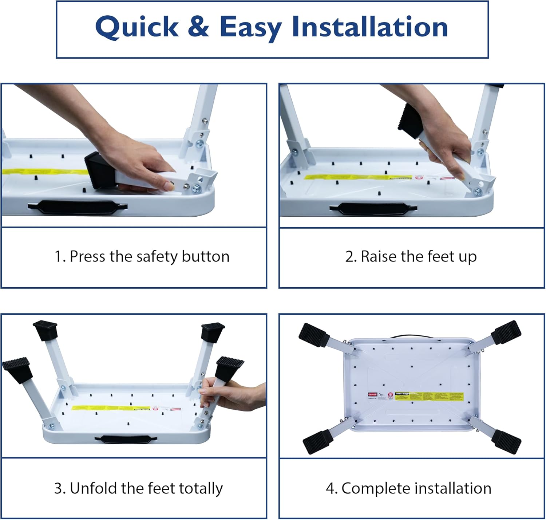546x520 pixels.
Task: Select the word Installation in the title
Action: click(x=369, y=27)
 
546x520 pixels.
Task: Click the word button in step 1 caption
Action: click(x=206, y=256)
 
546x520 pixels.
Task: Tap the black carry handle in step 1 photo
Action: click(x=78, y=207)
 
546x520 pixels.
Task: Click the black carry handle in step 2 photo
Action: click(x=373, y=209)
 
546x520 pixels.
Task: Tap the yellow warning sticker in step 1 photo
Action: click(x=44, y=172)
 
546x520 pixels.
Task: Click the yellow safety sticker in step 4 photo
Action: click(x=430, y=396)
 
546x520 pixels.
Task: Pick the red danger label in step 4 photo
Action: click(x=372, y=394)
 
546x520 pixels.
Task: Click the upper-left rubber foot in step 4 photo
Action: click(x=313, y=334)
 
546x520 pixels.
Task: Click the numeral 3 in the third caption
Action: click(x=58, y=488)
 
